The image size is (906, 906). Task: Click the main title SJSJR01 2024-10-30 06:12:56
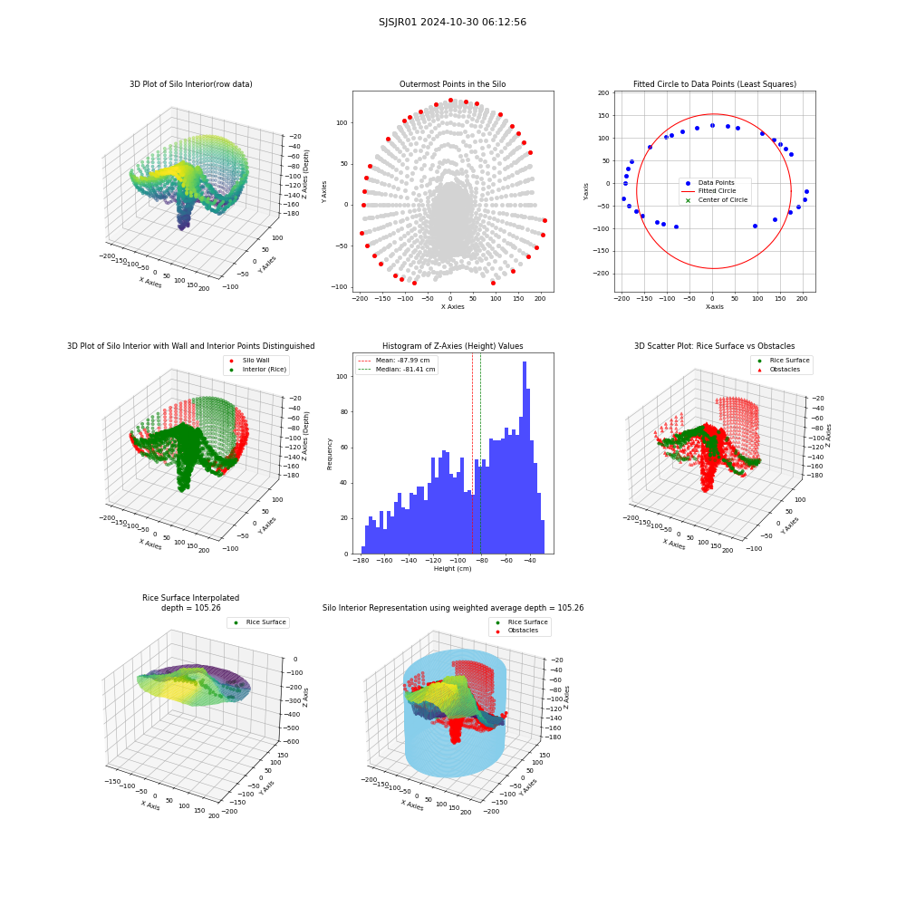click(x=452, y=22)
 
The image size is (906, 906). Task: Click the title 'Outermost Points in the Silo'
click(x=452, y=84)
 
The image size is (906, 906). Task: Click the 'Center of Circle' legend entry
click(x=717, y=200)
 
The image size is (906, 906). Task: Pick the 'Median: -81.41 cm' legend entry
click(x=398, y=370)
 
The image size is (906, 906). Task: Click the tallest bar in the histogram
click(x=525, y=458)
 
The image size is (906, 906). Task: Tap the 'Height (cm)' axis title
click(x=452, y=569)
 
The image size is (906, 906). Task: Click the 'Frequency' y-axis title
click(x=330, y=454)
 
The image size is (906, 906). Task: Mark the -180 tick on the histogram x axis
click(x=361, y=561)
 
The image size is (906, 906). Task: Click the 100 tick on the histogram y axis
click(x=342, y=376)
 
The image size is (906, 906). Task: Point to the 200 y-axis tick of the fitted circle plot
click(x=603, y=93)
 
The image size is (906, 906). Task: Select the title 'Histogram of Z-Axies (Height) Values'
click(x=452, y=346)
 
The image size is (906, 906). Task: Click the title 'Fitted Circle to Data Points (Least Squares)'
click(x=715, y=84)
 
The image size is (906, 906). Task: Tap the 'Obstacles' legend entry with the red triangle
click(x=785, y=370)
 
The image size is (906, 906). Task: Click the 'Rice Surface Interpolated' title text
click(x=190, y=598)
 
